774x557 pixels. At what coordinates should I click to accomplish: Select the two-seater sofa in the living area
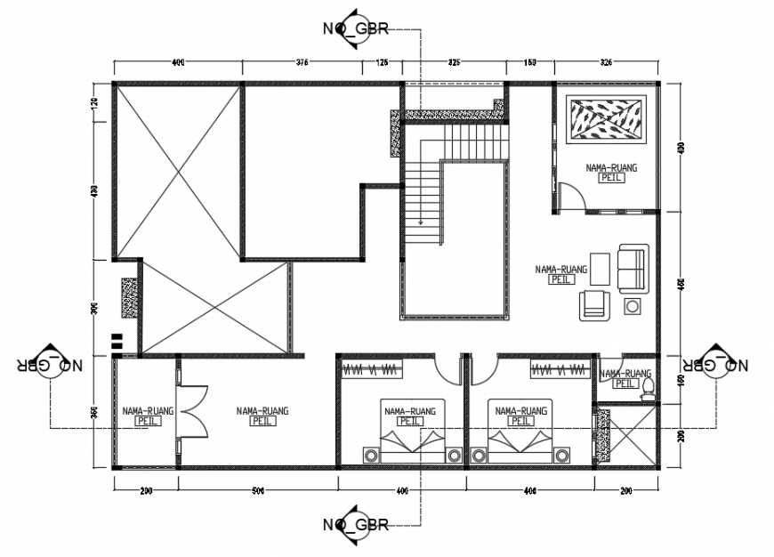632,270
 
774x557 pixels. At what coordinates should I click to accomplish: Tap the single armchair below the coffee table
593,305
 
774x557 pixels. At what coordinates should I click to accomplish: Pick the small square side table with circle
633,307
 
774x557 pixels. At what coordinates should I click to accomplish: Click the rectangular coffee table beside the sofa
601,270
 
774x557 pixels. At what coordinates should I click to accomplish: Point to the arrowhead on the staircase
421,223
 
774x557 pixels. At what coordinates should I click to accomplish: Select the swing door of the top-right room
569,195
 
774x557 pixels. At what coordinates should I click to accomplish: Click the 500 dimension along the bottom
257,490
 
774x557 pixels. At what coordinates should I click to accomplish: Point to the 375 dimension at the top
302,63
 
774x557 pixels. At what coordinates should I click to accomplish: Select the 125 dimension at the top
383,63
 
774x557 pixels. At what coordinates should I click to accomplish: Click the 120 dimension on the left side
95,104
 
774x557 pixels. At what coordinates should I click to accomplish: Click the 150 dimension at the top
530,63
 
